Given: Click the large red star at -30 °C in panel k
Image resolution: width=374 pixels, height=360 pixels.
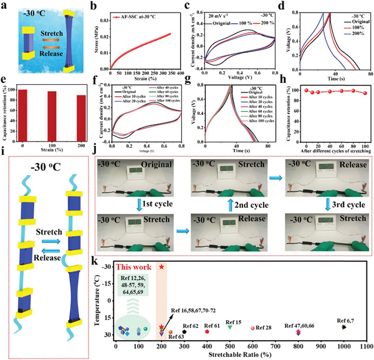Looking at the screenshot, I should pos(161,267).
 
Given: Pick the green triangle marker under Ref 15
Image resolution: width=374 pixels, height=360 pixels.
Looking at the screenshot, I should pos(230,327).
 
